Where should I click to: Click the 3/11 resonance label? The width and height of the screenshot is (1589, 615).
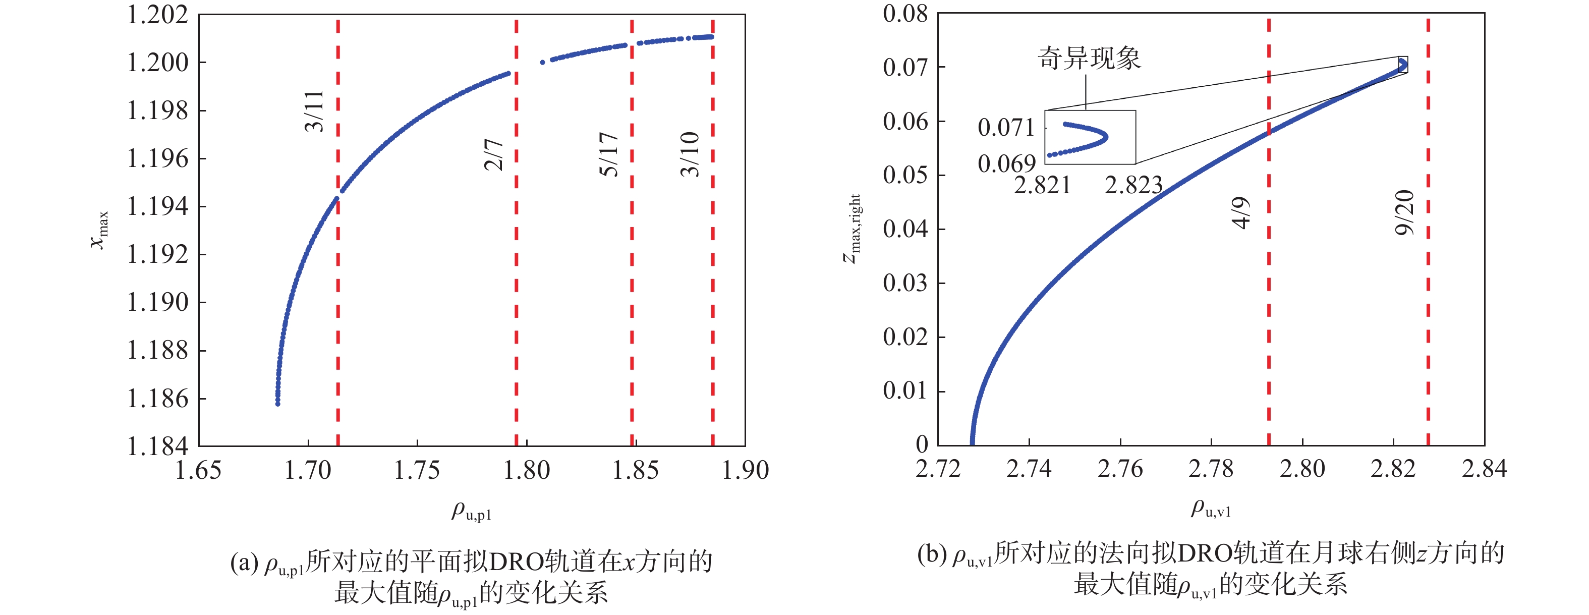point(314,111)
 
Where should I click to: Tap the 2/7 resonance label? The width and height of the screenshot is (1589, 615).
point(493,155)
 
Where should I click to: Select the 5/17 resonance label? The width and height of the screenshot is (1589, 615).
point(608,154)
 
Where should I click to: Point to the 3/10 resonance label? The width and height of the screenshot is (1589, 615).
point(690,154)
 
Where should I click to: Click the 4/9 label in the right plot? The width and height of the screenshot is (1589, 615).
point(1241,213)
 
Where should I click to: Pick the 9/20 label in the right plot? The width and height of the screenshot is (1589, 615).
point(1404,213)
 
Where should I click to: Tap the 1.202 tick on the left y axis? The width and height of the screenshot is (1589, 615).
point(157,15)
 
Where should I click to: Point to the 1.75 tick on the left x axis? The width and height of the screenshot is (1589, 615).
point(417,471)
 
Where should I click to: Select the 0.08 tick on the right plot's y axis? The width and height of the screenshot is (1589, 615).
point(905,14)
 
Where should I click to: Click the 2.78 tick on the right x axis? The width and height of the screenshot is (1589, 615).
point(1211,469)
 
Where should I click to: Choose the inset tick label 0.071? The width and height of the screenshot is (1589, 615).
point(1006,128)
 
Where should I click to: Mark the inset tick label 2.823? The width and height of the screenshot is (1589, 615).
point(1133,185)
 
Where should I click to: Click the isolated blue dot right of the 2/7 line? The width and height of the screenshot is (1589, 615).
point(542,62)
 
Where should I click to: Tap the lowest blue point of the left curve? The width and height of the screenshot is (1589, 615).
point(277,404)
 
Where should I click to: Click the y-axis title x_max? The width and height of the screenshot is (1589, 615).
point(99,230)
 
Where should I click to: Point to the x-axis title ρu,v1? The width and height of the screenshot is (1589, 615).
point(1210,509)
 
